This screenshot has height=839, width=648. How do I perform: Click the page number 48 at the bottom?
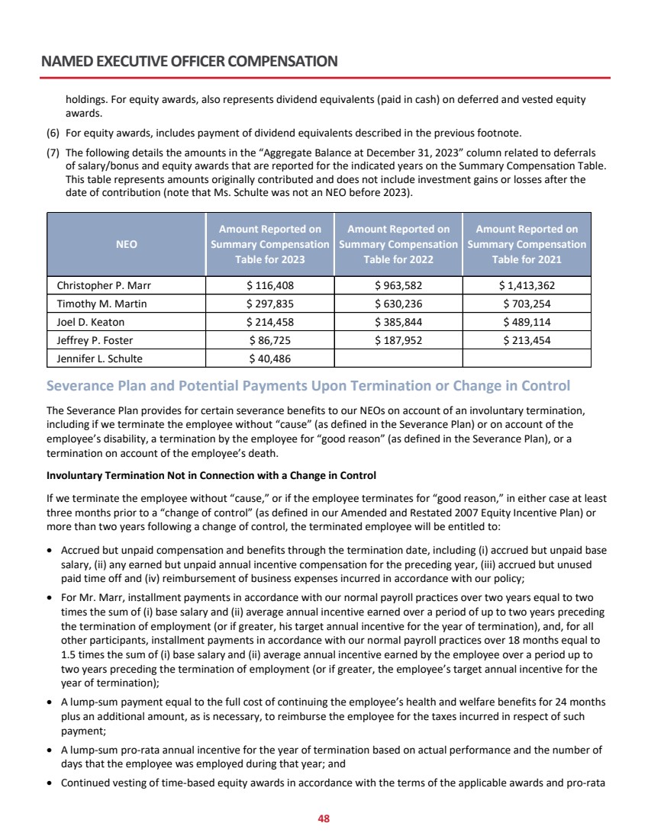click(x=324, y=818)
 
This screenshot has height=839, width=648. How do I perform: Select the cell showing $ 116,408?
click(x=270, y=287)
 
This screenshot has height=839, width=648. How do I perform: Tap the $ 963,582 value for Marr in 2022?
click(x=398, y=287)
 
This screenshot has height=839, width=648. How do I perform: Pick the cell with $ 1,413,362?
click(x=527, y=287)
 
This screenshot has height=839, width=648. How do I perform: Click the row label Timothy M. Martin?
click(x=102, y=304)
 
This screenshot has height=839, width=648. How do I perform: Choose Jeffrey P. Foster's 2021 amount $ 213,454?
click(x=527, y=339)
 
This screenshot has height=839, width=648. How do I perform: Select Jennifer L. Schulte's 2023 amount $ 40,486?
click(x=270, y=357)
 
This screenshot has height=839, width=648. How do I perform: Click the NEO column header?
click(x=127, y=244)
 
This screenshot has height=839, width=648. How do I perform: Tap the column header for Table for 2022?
click(x=398, y=244)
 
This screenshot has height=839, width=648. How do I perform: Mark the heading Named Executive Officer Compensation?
click(x=190, y=61)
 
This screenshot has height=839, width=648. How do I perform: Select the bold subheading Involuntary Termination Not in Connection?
click(x=211, y=476)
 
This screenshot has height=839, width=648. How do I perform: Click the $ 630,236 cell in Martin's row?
click(x=398, y=304)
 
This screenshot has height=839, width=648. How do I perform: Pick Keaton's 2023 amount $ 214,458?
click(x=270, y=322)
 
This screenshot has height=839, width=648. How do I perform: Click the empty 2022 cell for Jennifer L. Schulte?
click(x=398, y=357)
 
